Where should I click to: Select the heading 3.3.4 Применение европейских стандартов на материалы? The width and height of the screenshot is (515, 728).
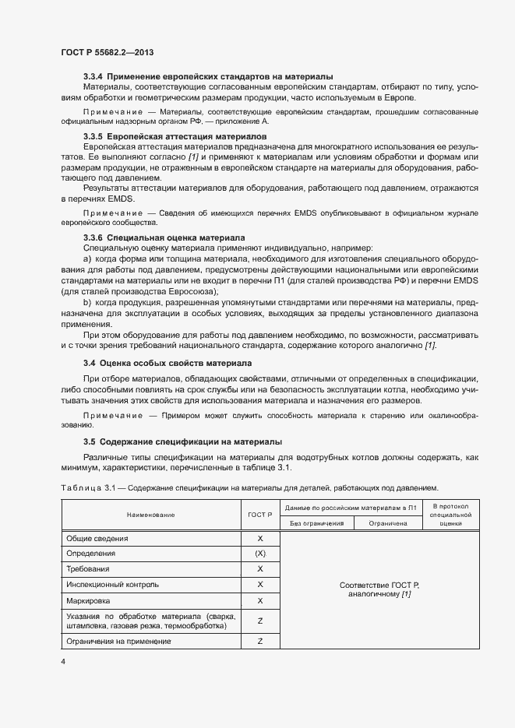208,76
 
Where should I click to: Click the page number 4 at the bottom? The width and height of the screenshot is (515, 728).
62,662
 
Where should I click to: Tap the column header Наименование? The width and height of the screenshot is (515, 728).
150,515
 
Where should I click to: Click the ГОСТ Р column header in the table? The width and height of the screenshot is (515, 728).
259,515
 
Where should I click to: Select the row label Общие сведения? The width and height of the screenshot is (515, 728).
97,538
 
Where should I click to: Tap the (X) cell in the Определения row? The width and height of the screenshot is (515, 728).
259,553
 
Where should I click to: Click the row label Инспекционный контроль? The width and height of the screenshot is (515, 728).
113,584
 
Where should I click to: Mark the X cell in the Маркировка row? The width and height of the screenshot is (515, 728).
259,600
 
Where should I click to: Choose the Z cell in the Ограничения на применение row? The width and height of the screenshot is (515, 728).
259,641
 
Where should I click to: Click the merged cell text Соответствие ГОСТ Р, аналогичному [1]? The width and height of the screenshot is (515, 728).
379,589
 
